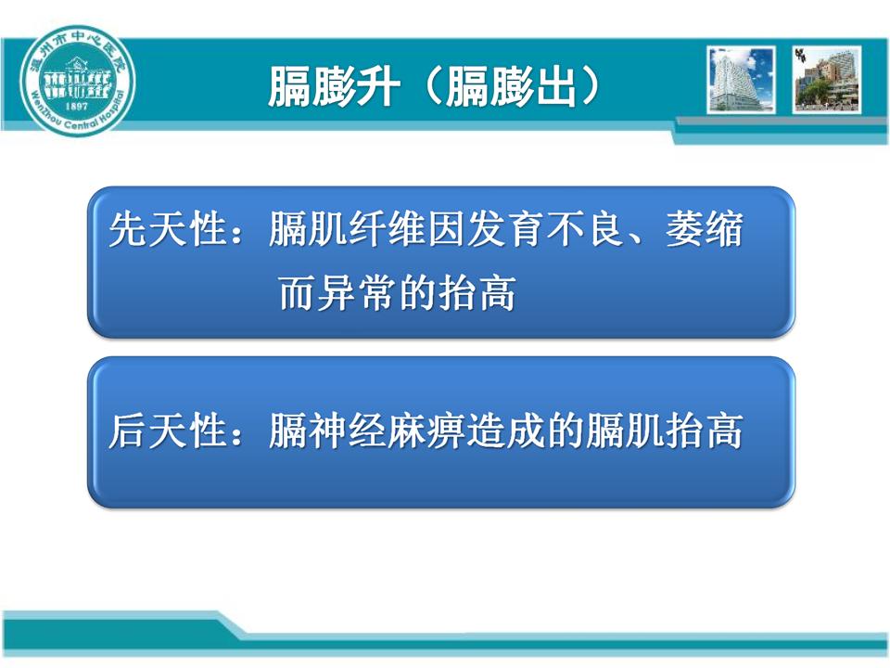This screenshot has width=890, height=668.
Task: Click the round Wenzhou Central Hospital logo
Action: click(x=78, y=82)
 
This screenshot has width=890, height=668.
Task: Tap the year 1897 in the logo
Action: click(x=77, y=106)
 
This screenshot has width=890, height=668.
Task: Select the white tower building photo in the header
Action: click(x=742, y=80)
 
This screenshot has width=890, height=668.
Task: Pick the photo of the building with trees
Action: click(x=827, y=80)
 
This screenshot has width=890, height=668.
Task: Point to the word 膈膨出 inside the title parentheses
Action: click(x=510, y=86)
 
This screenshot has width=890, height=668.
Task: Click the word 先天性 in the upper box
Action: click(x=168, y=229)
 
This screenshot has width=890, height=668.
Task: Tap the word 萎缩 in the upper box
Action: click(x=705, y=229)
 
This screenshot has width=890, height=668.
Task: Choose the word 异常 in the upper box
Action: click(x=356, y=293)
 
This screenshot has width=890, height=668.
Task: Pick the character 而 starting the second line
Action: click(x=297, y=293)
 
